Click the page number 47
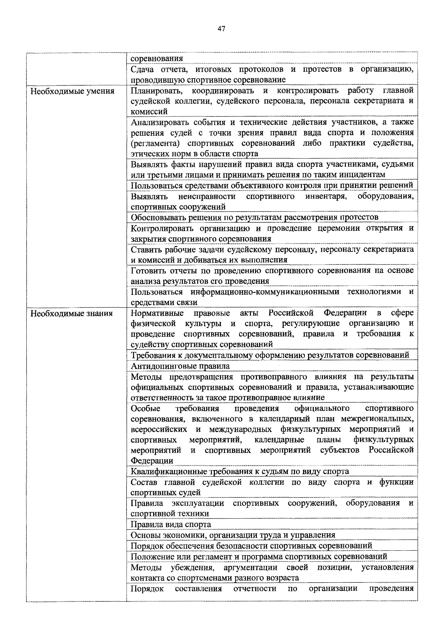click(221, 28)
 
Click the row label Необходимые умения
click(72, 91)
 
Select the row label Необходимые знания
click(71, 313)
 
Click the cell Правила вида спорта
click(171, 524)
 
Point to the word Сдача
click(142, 69)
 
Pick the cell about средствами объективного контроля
click(272, 185)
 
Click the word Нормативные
click(157, 313)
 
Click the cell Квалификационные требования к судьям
click(240, 471)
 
